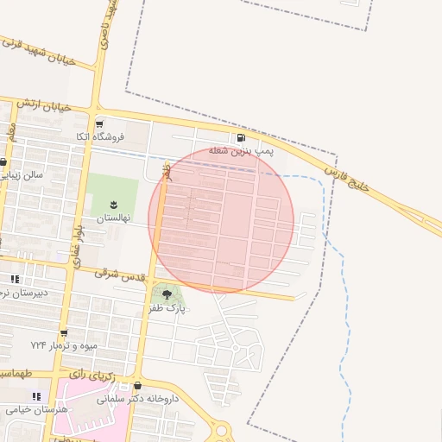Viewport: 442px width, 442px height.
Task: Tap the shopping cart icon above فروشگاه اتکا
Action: point(100,123)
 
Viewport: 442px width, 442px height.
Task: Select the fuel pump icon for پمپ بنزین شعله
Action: point(239,137)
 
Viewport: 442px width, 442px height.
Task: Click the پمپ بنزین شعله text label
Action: point(239,150)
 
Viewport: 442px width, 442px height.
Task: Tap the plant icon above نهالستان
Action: point(112,204)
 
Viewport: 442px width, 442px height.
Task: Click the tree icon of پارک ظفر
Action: point(166,294)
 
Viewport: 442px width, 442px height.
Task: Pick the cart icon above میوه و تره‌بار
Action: point(64,331)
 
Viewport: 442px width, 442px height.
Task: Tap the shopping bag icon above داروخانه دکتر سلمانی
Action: point(137,386)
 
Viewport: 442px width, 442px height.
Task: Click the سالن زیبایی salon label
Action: point(22,174)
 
